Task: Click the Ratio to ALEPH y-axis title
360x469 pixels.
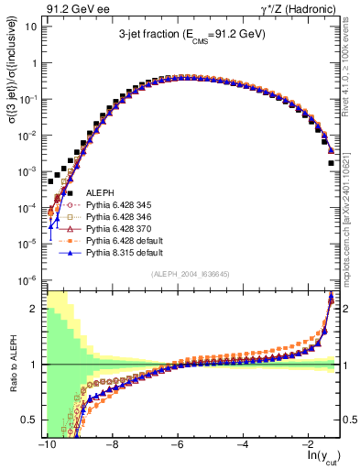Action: tap(11, 362)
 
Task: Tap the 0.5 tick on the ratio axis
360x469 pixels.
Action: tap(31, 420)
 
